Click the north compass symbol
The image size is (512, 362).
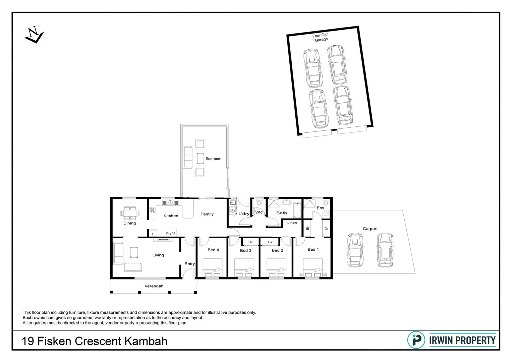coord(34,35)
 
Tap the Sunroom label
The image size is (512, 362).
coord(213,159)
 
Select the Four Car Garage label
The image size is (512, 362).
coord(321,37)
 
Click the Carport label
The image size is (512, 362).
coord(370,229)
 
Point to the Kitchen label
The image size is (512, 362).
coord(171,216)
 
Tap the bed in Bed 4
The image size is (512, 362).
coord(213,268)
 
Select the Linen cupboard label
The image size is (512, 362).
coord(292,223)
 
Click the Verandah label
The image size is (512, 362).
coord(154,286)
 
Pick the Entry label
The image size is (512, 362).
coord(189,264)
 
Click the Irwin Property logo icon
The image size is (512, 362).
coord(416,340)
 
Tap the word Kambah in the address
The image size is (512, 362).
coord(146,341)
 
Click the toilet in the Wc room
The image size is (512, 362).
coord(259,202)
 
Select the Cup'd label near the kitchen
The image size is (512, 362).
coord(170,233)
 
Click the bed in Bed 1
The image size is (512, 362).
coord(313,268)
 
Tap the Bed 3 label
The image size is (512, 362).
coord(245,250)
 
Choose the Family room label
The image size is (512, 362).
coord(207,214)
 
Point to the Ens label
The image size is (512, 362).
coord(320,208)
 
